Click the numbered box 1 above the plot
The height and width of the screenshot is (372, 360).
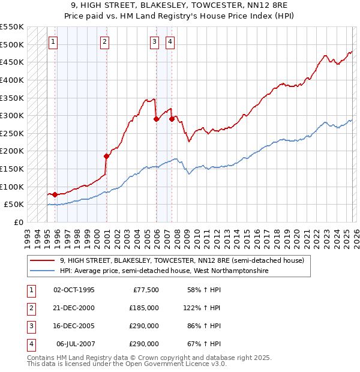point(54,41)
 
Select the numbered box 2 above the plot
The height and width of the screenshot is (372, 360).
point(104,41)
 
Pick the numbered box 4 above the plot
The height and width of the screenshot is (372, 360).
point(170,41)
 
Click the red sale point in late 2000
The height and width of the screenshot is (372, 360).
point(107,156)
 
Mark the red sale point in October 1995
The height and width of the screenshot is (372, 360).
point(55,194)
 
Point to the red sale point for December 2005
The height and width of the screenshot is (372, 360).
point(157,119)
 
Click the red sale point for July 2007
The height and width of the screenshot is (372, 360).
point(172,119)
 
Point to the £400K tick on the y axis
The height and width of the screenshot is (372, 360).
point(12,80)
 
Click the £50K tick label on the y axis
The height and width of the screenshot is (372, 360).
point(14,205)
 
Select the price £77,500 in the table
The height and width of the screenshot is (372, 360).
point(144,290)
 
